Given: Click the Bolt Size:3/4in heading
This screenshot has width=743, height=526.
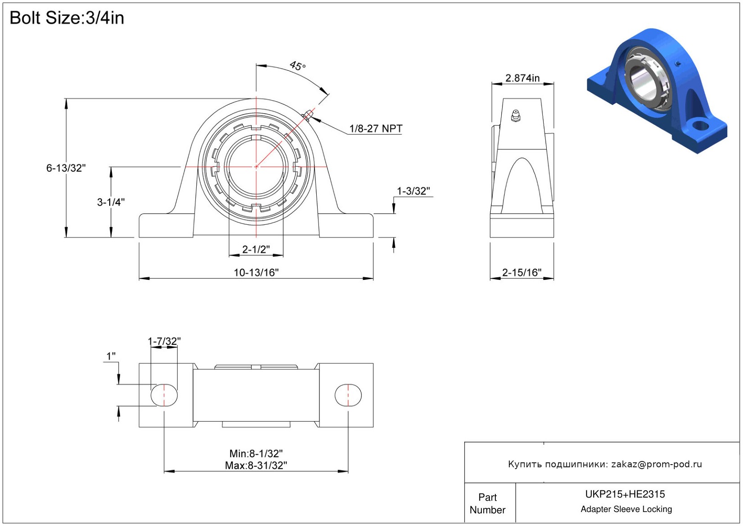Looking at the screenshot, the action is pos(67,18).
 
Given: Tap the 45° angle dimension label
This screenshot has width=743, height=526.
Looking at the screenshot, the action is pos(298,66).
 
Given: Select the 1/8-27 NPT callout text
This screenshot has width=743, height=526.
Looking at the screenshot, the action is pos(376,129).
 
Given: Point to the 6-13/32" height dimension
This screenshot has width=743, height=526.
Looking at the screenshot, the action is pos(66,168).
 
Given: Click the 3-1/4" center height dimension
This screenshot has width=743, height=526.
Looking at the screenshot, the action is pos(111,202).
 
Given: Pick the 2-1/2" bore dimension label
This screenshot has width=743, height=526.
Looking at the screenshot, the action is pos(256,249).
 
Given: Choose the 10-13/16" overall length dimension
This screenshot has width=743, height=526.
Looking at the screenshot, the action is pos(256,272).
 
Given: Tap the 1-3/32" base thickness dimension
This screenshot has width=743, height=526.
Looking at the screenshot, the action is pos(413,191).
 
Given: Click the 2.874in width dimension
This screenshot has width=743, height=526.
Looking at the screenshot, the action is pos(522,78).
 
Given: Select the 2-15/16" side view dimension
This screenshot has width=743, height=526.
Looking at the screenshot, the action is pos(522,272).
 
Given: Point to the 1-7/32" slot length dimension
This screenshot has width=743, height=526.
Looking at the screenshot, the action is pos(164,341).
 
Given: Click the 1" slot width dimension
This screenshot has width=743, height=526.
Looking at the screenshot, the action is pos(111,356).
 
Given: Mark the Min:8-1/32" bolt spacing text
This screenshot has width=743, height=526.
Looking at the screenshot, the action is pos(256,453).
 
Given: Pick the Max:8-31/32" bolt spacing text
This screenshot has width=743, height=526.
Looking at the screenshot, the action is pos(256,465).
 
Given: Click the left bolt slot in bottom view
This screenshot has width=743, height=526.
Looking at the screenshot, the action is pos(164,395).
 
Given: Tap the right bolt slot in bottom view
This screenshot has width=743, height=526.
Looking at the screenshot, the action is pos(348,395).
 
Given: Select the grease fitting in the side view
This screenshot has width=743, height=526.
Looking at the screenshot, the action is pos(516,116).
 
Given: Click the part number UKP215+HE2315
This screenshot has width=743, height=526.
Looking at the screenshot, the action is pos(625,494).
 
